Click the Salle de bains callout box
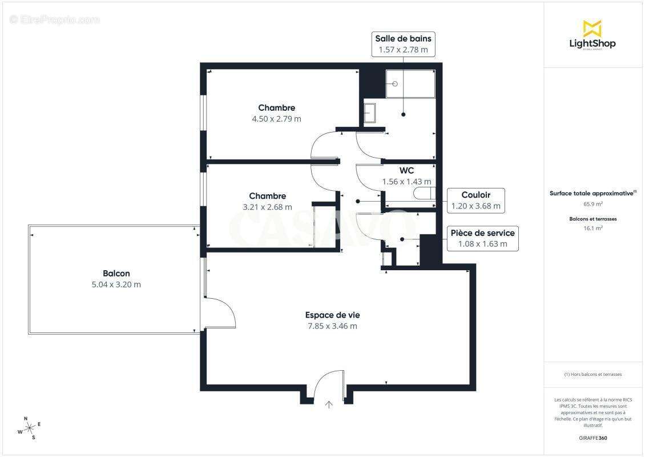coord(403,44)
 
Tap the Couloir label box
coord(475,201)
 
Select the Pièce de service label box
coord(482,238)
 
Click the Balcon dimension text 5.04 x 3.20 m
coord(116,284)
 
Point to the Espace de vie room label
coord(332,315)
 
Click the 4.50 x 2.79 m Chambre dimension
coord(276,119)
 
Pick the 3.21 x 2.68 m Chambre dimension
coord(267,207)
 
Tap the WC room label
coord(406,170)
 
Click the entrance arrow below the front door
coord(329,405)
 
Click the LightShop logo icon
coord(592,28)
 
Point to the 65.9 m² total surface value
coord(592,203)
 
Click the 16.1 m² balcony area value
coord(592,227)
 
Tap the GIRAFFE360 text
coord(592,438)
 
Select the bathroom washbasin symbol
coord(370,113)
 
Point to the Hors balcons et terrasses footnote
coord(592,374)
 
